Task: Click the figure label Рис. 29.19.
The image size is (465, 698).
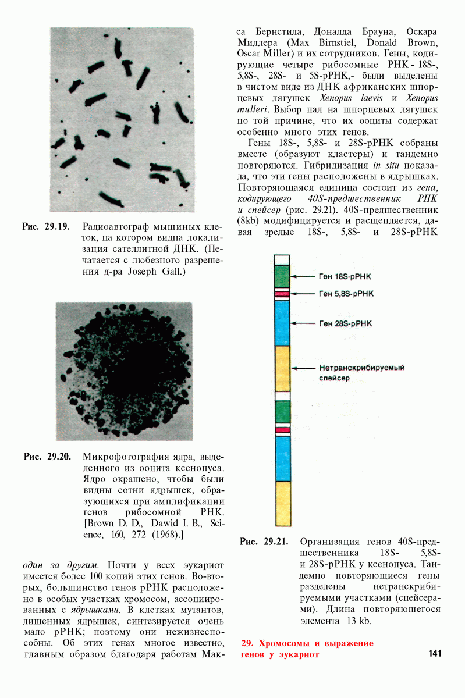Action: (47, 227)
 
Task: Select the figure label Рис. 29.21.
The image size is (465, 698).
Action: (264, 542)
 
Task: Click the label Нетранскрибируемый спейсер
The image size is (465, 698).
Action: (361, 373)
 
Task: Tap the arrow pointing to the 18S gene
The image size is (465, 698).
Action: (303, 277)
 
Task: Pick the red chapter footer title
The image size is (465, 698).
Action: (307, 649)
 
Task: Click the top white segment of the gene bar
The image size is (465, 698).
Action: (282, 259)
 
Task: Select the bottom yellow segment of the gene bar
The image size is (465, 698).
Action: (282, 503)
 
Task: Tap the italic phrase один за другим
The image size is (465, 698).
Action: (61, 565)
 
